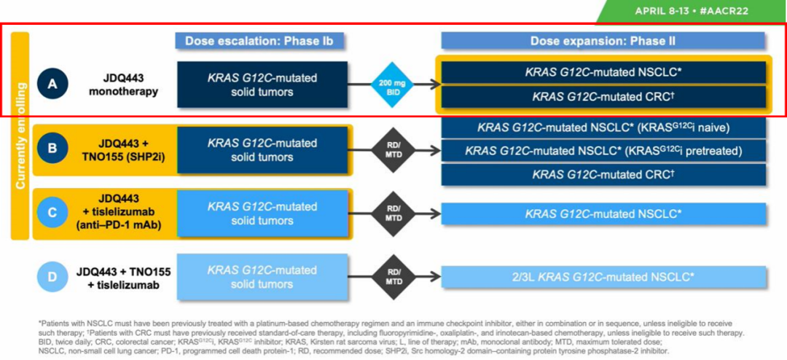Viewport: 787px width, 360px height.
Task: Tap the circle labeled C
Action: (52, 214)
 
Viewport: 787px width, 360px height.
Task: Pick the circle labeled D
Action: (52, 278)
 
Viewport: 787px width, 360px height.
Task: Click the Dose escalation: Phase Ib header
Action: (259, 42)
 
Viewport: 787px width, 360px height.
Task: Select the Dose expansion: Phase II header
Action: (602, 42)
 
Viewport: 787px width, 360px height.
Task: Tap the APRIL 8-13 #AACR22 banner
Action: (692, 11)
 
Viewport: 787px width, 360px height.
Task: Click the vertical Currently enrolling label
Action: (20, 136)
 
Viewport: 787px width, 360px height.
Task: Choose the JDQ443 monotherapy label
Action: (124, 85)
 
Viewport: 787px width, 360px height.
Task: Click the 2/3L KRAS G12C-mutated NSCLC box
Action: (603, 277)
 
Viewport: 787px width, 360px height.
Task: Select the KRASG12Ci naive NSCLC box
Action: (603, 128)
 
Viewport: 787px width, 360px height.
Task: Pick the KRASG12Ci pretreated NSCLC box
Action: (603, 151)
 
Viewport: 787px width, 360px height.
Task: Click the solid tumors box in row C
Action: (262, 214)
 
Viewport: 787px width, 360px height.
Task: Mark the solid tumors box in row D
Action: (262, 277)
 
